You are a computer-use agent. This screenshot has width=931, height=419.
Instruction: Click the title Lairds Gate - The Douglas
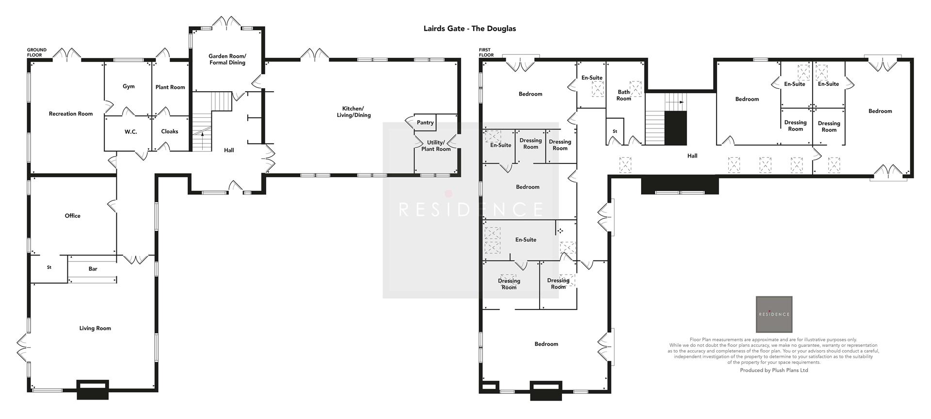[469, 29]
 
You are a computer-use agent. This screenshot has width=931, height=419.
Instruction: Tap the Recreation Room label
[71, 114]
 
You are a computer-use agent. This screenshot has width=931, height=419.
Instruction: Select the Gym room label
[128, 86]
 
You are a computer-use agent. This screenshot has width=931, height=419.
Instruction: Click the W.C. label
[130, 131]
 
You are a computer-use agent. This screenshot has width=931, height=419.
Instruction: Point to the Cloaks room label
[170, 131]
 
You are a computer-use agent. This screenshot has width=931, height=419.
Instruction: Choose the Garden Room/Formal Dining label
[227, 59]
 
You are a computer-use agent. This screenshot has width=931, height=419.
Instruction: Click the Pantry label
[425, 123]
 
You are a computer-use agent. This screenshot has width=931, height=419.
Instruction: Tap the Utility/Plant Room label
[436, 146]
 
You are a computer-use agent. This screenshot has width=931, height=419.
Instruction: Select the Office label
[73, 216]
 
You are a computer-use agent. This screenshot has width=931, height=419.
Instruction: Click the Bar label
[93, 269]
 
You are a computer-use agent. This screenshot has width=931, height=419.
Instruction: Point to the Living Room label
[95, 328]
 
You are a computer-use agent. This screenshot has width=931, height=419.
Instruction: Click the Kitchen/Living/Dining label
[356, 112]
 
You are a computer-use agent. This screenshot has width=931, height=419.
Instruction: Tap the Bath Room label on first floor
[624, 96]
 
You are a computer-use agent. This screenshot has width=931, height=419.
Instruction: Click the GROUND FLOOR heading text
[36, 52]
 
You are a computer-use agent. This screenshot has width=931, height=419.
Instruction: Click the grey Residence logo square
[774, 314]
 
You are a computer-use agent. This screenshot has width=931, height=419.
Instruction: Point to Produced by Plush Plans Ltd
[774, 370]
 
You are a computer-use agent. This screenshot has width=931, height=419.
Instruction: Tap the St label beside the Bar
[49, 267]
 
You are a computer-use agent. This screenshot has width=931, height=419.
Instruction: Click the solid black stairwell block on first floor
[675, 128]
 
